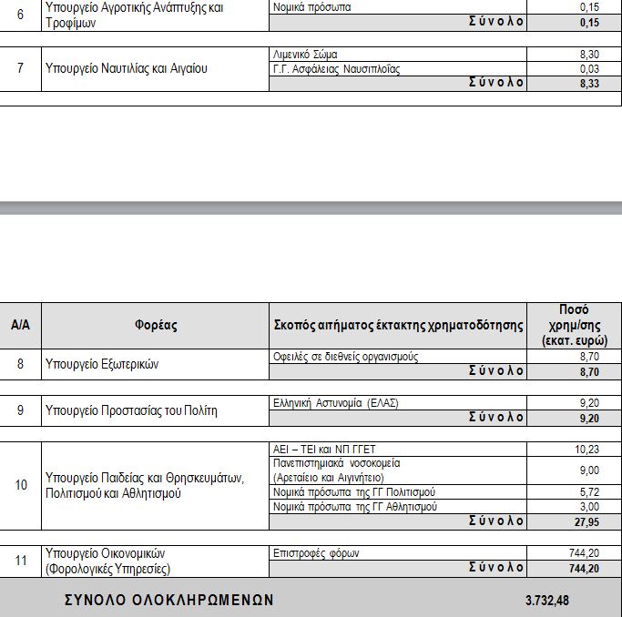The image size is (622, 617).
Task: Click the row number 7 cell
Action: click(20, 68)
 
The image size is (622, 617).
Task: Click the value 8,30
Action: click(589, 55)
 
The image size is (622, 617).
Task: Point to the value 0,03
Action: click(589, 68)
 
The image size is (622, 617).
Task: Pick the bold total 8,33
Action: click(589, 83)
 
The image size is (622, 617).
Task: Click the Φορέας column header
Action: click(156, 325)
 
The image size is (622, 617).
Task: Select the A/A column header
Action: click(20, 325)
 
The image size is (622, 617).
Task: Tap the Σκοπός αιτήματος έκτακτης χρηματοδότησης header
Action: click(399, 325)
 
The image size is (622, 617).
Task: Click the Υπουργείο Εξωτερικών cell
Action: click(102, 364)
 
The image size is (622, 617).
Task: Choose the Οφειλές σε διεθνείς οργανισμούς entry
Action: click(346, 357)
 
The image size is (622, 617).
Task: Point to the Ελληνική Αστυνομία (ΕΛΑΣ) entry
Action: click(336, 402)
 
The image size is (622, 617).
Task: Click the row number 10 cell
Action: click(20, 485)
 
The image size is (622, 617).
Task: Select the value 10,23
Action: click(587, 449)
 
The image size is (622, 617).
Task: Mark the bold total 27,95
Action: click(587, 521)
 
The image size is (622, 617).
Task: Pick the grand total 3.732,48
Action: click(548, 602)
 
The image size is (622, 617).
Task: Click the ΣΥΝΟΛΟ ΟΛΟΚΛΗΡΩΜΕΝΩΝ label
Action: click(168, 602)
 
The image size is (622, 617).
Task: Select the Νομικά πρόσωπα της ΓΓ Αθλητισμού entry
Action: click(355, 506)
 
